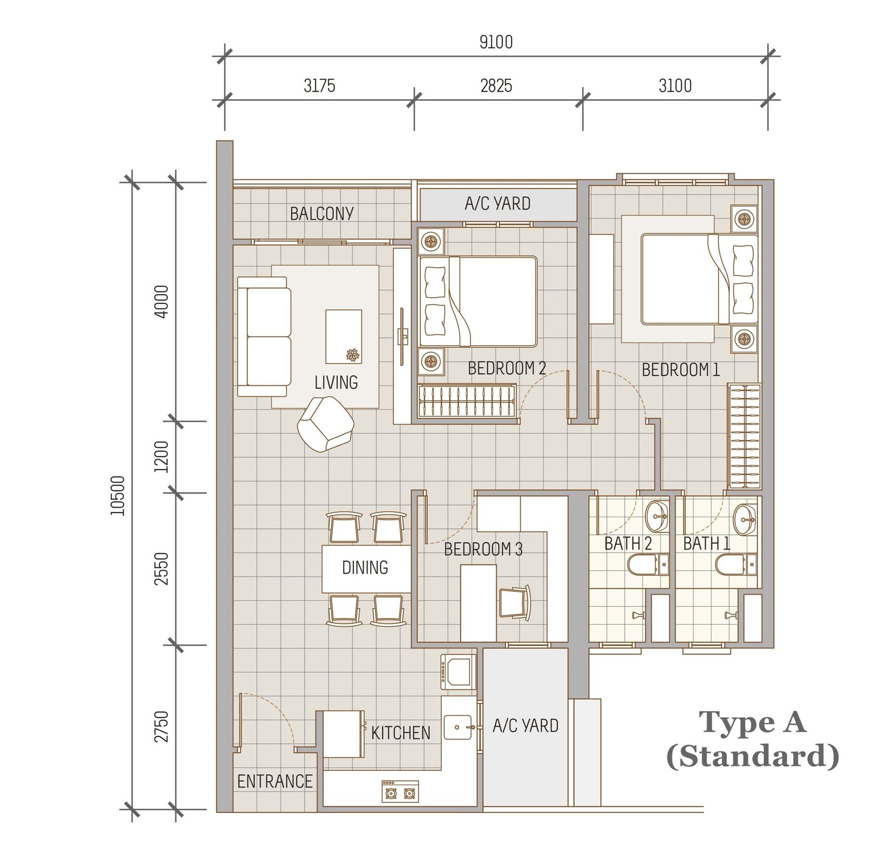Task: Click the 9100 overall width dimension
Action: tap(496, 42)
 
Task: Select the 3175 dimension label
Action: tap(319, 86)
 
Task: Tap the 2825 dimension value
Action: tap(496, 86)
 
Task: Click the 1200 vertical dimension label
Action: tap(161, 457)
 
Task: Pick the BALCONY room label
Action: tap(322, 213)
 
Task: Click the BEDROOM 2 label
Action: tap(507, 368)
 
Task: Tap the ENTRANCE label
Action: tap(274, 782)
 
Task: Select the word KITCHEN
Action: tap(400, 733)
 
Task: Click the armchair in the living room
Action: tap(325, 424)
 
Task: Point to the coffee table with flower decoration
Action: tap(344, 336)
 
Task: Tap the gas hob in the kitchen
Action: tap(400, 791)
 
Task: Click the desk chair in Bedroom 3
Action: tap(516, 602)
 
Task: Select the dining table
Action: tap(366, 569)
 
